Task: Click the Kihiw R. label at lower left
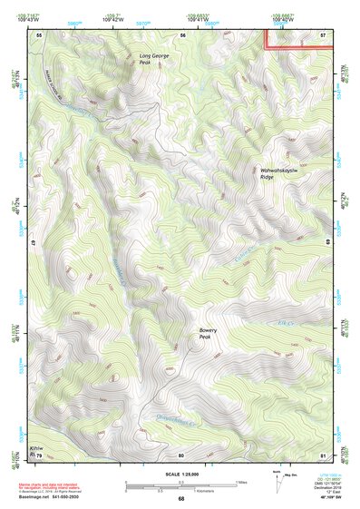tap(35, 450)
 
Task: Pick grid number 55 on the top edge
tap(39, 34)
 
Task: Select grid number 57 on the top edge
tap(324, 34)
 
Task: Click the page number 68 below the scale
tap(181, 498)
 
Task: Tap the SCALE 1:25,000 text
tap(181, 473)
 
